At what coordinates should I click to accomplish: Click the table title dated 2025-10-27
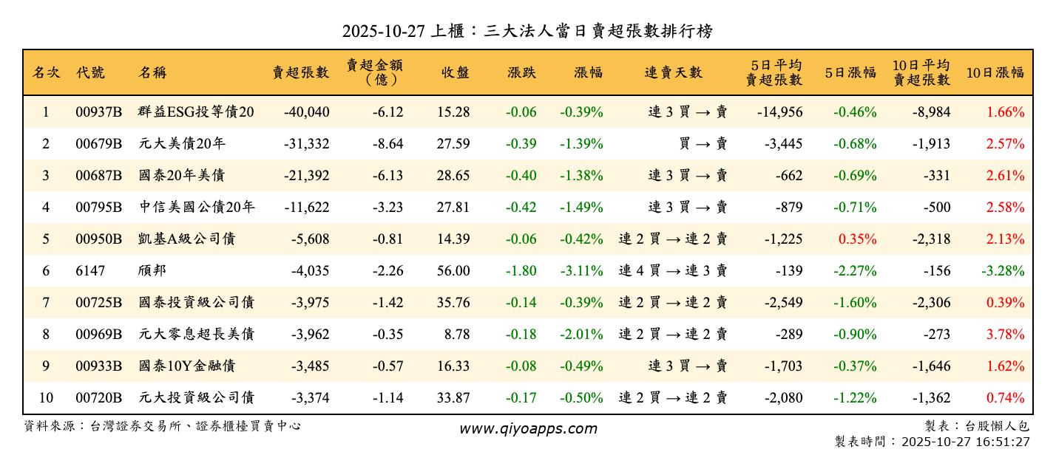[x=527, y=31]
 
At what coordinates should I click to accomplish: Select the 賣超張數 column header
[x=300, y=72]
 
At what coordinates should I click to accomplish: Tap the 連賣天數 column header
[x=673, y=72]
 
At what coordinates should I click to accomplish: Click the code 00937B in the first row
[x=98, y=112]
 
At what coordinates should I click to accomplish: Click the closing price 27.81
[x=453, y=208]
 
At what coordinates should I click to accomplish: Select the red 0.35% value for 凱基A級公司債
[x=858, y=239]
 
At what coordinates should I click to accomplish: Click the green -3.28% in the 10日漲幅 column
[x=1003, y=271]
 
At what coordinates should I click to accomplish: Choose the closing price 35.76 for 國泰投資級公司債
[x=453, y=303]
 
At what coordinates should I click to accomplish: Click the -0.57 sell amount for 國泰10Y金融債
[x=387, y=366]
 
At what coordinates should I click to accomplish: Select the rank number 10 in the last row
[x=46, y=398]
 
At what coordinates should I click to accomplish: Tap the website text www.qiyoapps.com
[x=527, y=428]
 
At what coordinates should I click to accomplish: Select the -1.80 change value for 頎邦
[x=521, y=271]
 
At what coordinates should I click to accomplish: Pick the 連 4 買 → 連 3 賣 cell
[x=673, y=271]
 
